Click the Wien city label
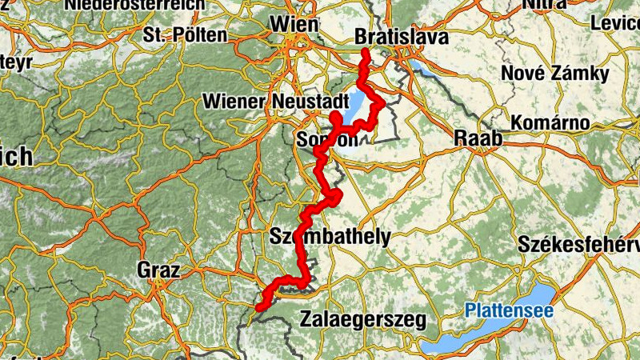coord(294,25)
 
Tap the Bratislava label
coord(401,38)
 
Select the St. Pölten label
coord(186,35)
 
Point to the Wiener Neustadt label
coord(277,102)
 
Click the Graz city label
coord(158,270)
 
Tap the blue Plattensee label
coord(509,309)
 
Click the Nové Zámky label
coord(554,74)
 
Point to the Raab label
coord(478,138)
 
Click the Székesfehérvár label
coord(579,243)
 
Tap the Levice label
coord(616,23)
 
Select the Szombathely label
coord(330,236)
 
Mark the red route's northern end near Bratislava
coord(365,54)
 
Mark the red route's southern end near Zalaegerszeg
coord(260,306)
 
